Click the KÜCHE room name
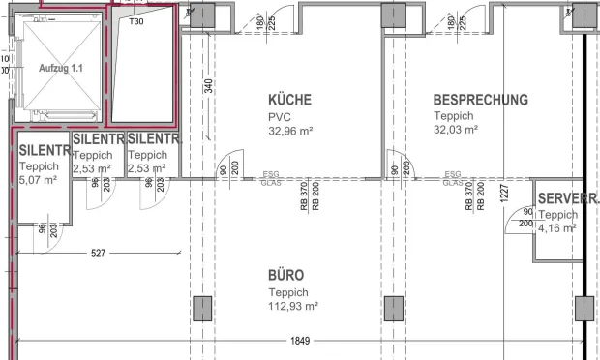point(289,100)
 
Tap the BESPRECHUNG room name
point(480,99)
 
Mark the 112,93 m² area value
point(293,305)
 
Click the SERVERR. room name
point(568,199)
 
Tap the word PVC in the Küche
point(279,116)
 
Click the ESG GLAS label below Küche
point(271,179)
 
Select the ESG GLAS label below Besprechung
point(452,179)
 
